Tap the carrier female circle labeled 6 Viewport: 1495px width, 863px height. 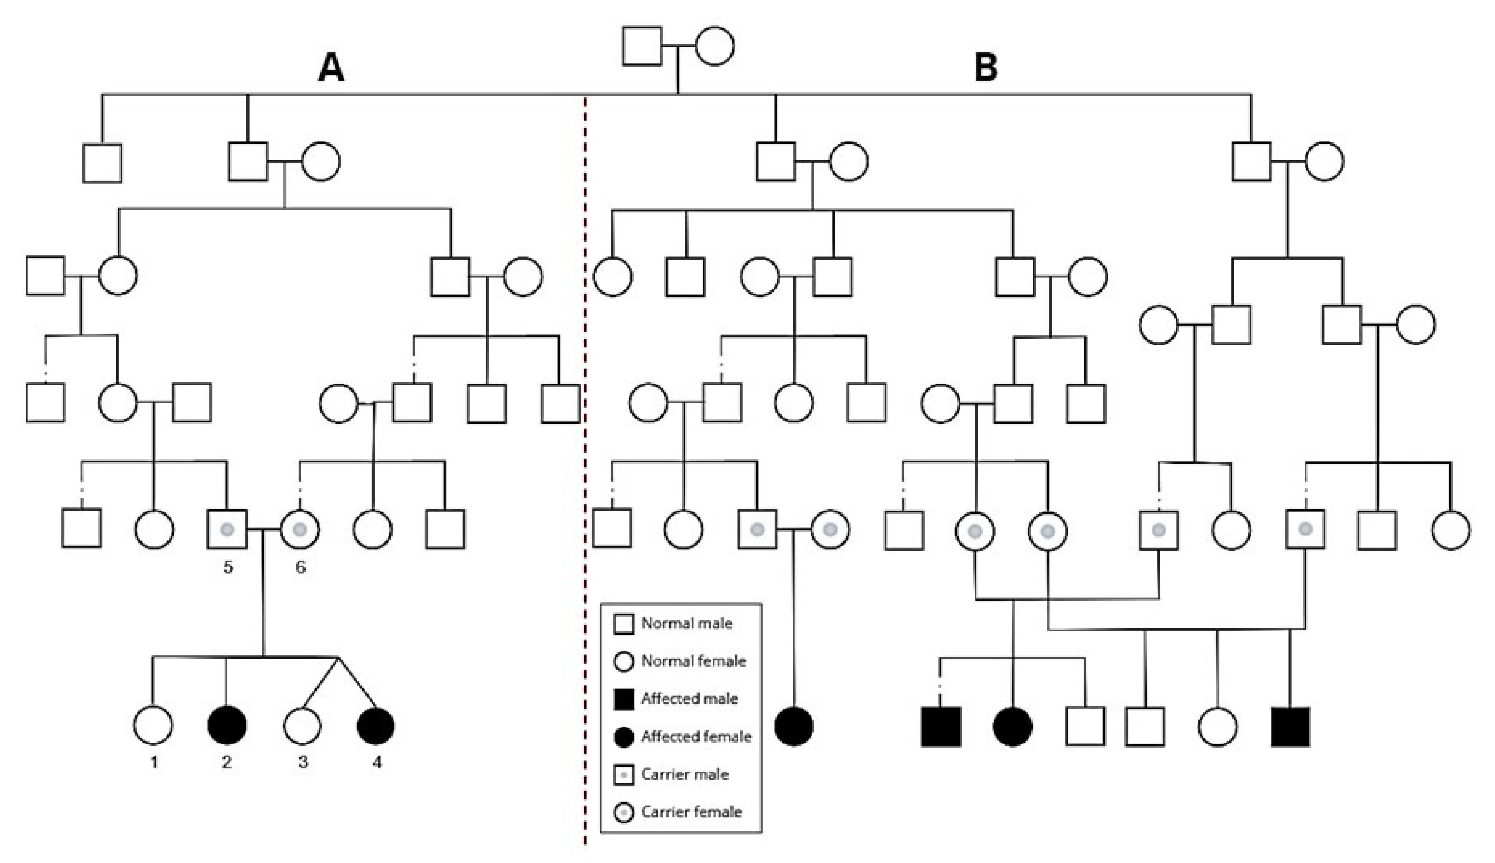click(300, 529)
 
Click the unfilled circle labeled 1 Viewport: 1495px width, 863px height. click(154, 725)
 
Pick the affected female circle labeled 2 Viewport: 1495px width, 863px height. click(227, 725)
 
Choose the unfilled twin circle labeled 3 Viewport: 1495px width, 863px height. click(302, 725)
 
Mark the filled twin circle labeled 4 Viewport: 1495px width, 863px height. click(376, 725)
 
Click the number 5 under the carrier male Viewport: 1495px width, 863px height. click(228, 567)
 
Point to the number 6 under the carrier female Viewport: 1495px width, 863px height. click(301, 567)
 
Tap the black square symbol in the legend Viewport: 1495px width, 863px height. click(623, 699)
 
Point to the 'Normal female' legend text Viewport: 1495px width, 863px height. click(693, 661)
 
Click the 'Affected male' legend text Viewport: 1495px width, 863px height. click(689, 699)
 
